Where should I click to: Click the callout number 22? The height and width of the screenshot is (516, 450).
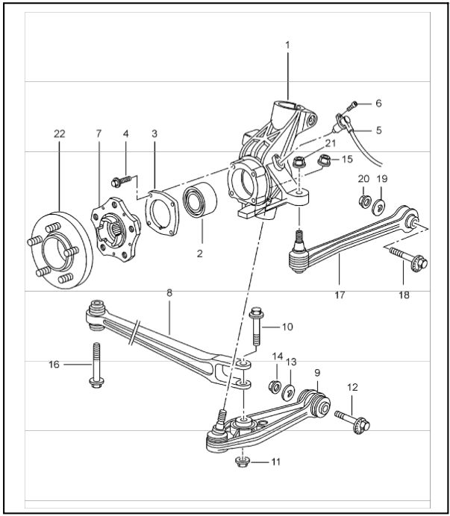click(x=60, y=133)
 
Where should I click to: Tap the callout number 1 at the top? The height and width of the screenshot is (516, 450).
click(x=287, y=45)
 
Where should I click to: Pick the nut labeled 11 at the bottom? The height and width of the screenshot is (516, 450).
click(x=241, y=462)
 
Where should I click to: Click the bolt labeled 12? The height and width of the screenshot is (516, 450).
click(x=351, y=419)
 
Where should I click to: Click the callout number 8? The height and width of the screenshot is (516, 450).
click(x=169, y=294)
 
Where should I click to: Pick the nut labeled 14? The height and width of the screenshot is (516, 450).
click(x=274, y=386)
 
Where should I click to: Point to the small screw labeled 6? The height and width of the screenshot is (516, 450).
click(x=355, y=104)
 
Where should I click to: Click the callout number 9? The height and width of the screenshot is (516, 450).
click(x=316, y=371)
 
